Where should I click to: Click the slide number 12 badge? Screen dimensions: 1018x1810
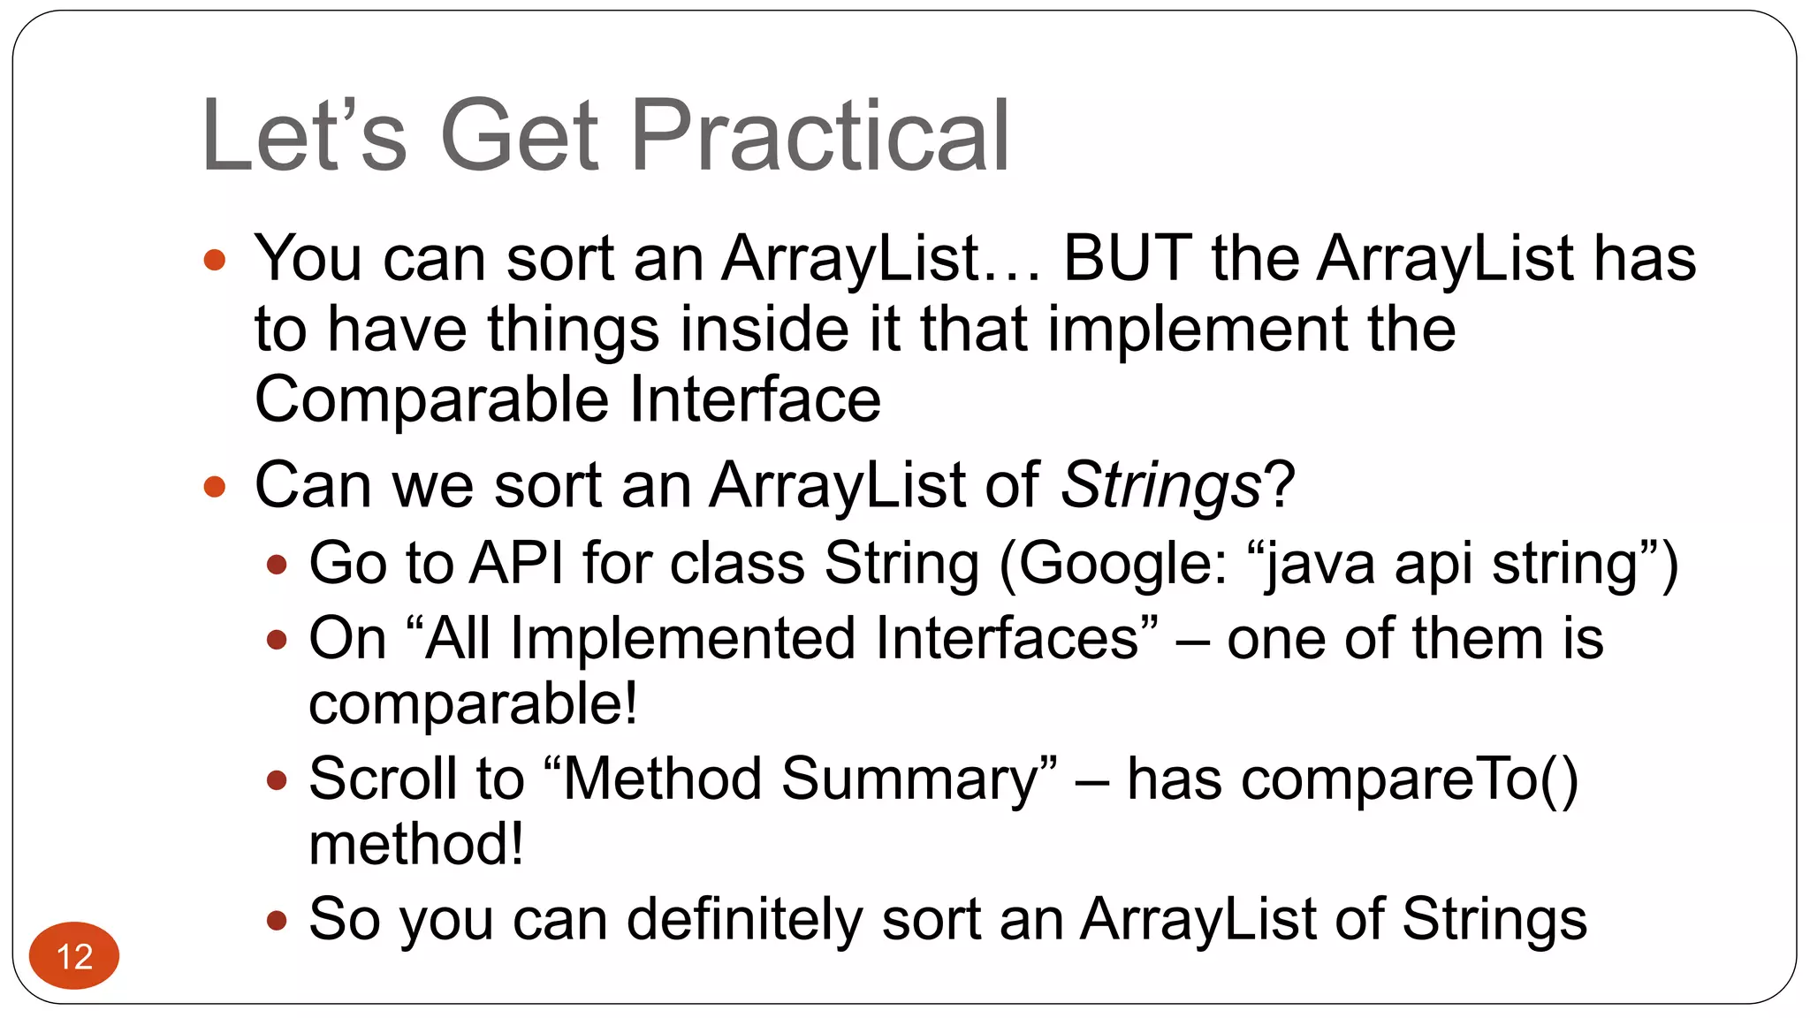click(74, 956)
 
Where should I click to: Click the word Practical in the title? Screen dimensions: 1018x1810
click(819, 136)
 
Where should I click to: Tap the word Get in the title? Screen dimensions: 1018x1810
click(520, 136)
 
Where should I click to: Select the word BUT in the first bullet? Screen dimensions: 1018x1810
click(1127, 259)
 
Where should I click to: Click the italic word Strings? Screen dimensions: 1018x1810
click(1160, 486)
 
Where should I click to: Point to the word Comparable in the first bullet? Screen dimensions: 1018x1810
click(431, 399)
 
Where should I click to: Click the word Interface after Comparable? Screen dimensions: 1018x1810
click(756, 399)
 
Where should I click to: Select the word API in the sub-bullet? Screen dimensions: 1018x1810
click(516, 564)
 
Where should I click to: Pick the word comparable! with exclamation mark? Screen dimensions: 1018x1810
click(473, 704)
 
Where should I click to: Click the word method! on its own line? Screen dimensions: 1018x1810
click(415, 844)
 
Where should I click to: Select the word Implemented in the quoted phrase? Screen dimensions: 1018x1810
click(682, 639)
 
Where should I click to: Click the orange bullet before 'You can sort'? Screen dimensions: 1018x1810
click(215, 260)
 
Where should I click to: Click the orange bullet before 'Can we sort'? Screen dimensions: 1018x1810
click(215, 487)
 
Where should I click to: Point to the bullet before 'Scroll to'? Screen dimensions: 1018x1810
click(277, 780)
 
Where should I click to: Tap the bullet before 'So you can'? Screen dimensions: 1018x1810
click(277, 921)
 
